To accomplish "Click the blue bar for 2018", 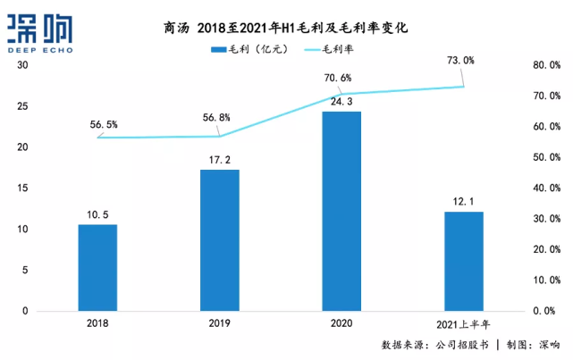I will tap(97, 267).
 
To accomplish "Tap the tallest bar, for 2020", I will tap(341, 211).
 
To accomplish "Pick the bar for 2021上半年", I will tap(463, 261).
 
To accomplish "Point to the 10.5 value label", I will tap(97, 213).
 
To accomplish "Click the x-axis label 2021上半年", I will tap(463, 323).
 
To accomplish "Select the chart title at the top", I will tap(286, 29).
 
